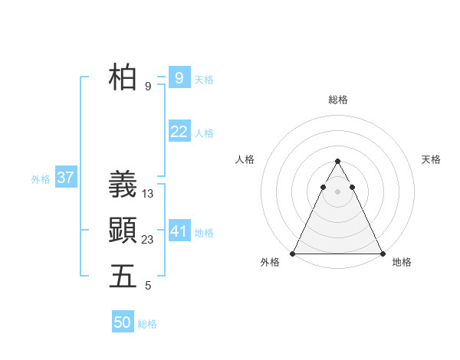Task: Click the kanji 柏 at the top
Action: pyautogui.click(x=123, y=78)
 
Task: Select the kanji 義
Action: pyautogui.click(x=123, y=185)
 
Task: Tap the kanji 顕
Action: pyautogui.click(x=123, y=230)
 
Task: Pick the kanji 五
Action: pyautogui.click(x=123, y=276)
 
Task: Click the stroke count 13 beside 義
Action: pyautogui.click(x=148, y=194)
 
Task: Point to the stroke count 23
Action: pyautogui.click(x=148, y=239)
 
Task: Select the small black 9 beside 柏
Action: pyautogui.click(x=148, y=87)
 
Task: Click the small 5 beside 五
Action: pyautogui.click(x=148, y=286)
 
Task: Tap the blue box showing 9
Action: pyautogui.click(x=179, y=77)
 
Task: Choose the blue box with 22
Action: pyautogui.click(x=179, y=132)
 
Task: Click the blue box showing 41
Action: pyautogui.click(x=179, y=231)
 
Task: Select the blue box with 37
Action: pyautogui.click(x=65, y=178)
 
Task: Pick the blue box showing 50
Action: pyautogui.click(x=123, y=322)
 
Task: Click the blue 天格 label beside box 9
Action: pyautogui.click(x=204, y=80)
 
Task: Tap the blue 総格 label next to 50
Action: pyautogui.click(x=147, y=325)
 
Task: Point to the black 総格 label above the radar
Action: pyautogui.click(x=337, y=100)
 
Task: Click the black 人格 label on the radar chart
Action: pyautogui.click(x=245, y=159)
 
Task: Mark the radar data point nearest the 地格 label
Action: pyautogui.click(x=382, y=254)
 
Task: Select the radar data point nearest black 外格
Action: pyautogui.click(x=293, y=254)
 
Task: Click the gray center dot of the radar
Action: pyautogui.click(x=337, y=191)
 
